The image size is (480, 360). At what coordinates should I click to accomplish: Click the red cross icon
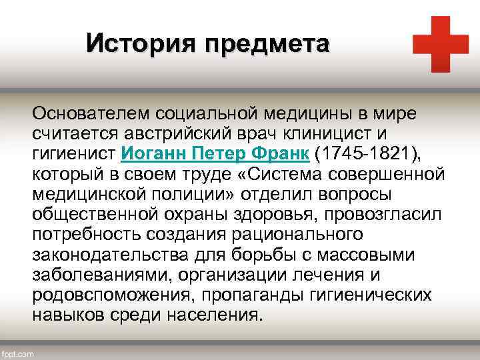(x=441, y=43)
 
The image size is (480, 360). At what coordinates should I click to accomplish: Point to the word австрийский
(x=160, y=134)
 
